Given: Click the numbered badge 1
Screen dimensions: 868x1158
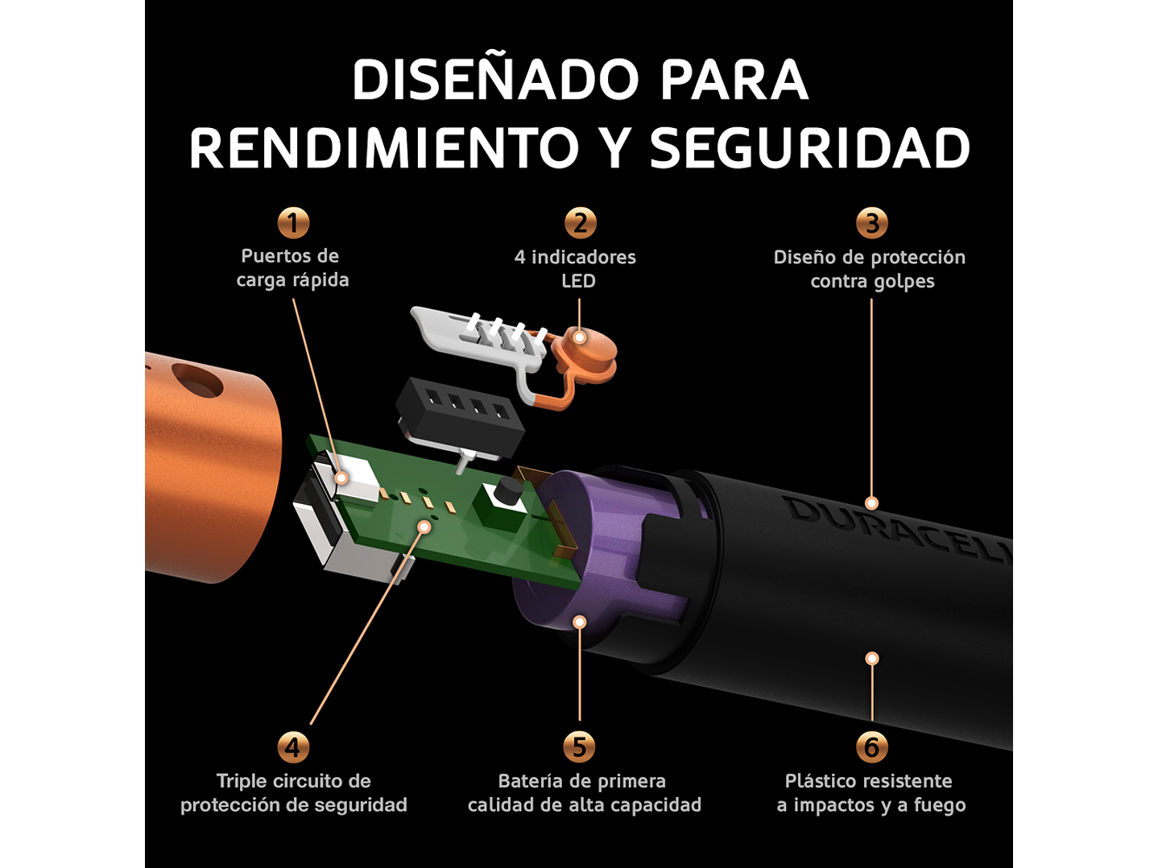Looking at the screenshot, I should pos(293,222).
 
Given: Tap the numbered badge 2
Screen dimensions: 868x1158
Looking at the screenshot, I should pos(580,223).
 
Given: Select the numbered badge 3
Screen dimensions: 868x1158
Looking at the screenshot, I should pos(871,223).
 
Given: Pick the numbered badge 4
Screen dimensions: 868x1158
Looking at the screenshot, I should pos(293,747).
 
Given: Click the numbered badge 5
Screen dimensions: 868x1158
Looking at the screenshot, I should pos(579,747).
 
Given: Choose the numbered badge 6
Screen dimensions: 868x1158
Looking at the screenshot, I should pos(871,747).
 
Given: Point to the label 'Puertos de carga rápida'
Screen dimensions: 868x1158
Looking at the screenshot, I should pos(292,268).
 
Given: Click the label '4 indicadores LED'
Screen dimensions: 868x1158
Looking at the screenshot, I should pos(576,269).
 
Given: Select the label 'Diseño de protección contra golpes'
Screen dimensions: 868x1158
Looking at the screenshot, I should pos(871,269).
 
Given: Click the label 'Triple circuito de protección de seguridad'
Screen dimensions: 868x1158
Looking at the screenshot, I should pos(293,793).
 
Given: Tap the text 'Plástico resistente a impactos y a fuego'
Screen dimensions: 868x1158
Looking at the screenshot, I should pos(871,793).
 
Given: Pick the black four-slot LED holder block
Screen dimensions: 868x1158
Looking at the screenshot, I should pos(459,411).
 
